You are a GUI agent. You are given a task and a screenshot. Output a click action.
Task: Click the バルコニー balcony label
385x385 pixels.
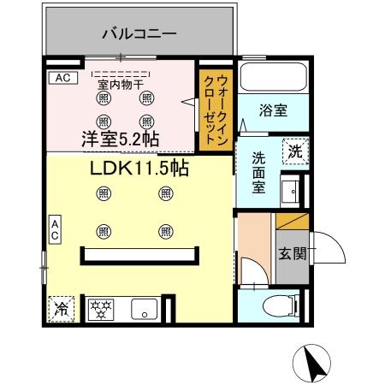tap(139, 35)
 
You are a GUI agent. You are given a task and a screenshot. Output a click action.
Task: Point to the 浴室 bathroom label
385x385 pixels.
tap(273, 110)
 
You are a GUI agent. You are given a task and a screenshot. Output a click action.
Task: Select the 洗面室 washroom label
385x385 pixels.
tap(258, 173)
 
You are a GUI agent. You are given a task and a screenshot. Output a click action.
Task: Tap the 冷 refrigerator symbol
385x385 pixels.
tap(61, 309)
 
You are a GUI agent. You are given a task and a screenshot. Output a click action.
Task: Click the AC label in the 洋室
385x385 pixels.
tap(61, 78)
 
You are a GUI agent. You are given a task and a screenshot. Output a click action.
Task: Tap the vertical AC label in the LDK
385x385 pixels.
tap(53, 230)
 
